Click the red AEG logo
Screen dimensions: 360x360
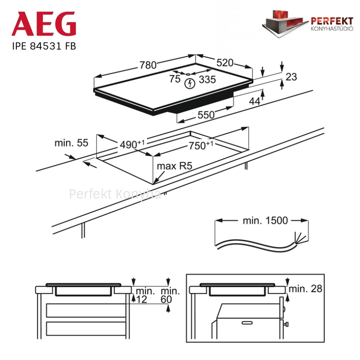pyautogui.click(x=44, y=24)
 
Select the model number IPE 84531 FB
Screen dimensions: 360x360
pyautogui.click(x=44, y=46)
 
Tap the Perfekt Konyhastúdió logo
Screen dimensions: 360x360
pyautogui.click(x=307, y=24)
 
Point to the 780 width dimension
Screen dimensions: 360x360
pyautogui.click(x=148, y=65)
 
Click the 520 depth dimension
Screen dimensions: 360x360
pyautogui.click(x=225, y=63)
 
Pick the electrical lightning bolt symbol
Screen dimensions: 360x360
pyautogui.click(x=190, y=83)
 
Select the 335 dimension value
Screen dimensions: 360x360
pyautogui.click(x=208, y=80)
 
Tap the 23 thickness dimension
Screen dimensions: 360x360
pyautogui.click(x=291, y=77)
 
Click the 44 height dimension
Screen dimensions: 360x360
pyautogui.click(x=255, y=101)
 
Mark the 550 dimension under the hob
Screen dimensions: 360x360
pyautogui.click(x=206, y=115)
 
